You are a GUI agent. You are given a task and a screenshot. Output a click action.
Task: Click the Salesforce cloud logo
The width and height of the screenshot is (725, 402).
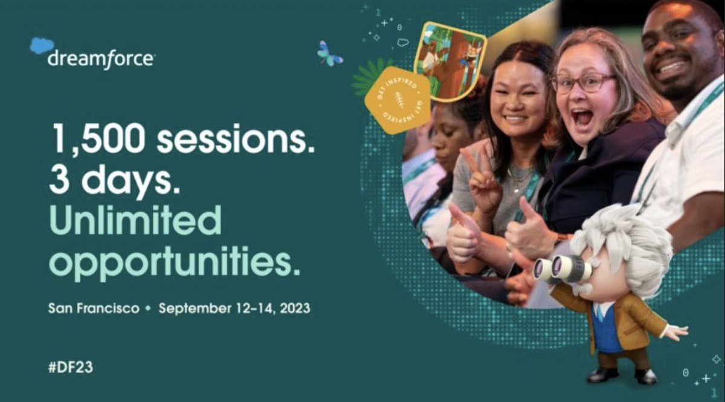(42, 46)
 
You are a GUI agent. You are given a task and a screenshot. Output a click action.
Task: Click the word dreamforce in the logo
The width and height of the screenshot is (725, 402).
(101, 60)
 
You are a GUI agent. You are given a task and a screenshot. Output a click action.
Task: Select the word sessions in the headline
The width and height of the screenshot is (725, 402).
(236, 140)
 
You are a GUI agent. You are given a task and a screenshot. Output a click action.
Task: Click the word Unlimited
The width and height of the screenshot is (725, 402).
(135, 221)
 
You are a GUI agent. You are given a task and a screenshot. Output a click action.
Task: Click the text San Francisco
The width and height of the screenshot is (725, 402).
(94, 308)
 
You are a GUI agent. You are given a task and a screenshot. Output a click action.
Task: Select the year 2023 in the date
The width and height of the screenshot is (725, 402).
(292, 308)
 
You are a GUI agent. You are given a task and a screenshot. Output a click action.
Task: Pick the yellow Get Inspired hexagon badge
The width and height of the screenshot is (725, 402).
(397, 100)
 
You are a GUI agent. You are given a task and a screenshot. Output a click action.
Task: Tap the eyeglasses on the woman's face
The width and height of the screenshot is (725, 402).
(582, 83)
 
